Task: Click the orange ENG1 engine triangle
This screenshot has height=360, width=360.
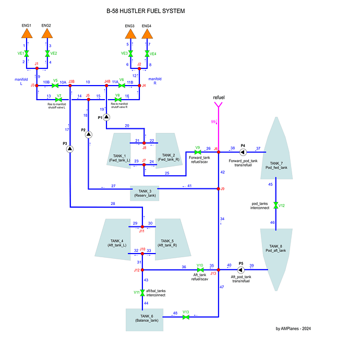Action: (x=27, y=33)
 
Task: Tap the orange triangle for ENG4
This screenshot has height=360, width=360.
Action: (x=147, y=33)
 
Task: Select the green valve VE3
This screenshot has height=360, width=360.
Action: (x=130, y=54)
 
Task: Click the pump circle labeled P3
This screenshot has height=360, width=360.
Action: (x=71, y=149)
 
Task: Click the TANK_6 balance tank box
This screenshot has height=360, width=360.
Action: (x=144, y=319)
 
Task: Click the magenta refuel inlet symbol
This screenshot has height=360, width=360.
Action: (x=218, y=106)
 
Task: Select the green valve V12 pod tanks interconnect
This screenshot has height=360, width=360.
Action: (x=275, y=206)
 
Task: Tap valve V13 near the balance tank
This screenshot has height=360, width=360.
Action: (x=186, y=317)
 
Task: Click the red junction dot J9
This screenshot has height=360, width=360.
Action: (x=218, y=189)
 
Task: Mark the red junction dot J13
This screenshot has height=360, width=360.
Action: (x=218, y=270)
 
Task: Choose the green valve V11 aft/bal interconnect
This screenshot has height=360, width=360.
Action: (x=142, y=293)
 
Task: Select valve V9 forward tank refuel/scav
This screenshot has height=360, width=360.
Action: (x=198, y=152)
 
